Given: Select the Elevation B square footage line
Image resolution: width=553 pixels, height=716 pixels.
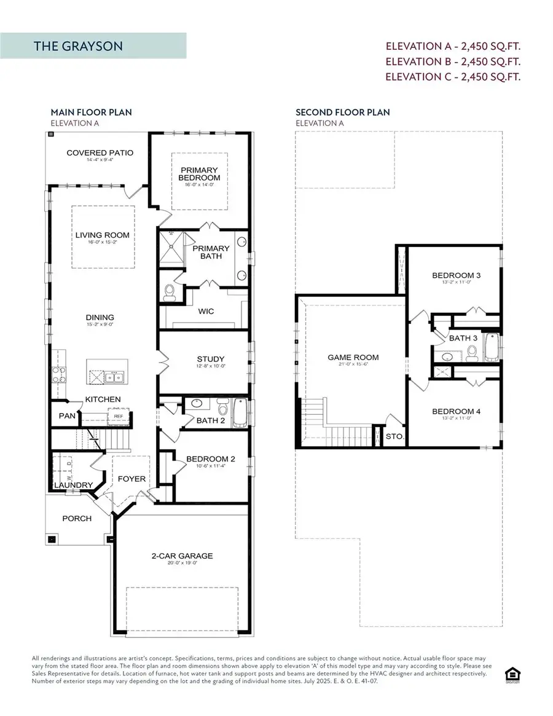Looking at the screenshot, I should click(453, 61).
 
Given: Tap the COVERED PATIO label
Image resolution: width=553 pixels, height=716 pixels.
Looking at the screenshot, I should click(100, 153).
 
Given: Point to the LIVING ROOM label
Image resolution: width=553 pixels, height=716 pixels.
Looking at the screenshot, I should click(103, 235).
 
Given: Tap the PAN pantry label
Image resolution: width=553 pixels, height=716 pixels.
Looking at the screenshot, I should click(66, 416).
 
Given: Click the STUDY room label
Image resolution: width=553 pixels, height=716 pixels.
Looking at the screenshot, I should click(211, 359).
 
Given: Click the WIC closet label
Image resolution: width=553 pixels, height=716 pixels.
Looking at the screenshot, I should click(206, 312).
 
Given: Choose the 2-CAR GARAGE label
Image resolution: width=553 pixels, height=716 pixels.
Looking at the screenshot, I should click(182, 556).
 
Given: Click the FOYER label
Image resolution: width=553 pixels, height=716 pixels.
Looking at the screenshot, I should click(131, 479).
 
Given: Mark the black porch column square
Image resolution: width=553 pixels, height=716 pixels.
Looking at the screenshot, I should click(52, 540).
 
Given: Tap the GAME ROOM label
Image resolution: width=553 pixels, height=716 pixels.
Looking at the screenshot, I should click(353, 357).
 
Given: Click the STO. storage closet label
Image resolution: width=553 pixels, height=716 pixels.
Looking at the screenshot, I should click(393, 437).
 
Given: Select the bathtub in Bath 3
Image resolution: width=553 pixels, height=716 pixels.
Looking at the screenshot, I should click(492, 348).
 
